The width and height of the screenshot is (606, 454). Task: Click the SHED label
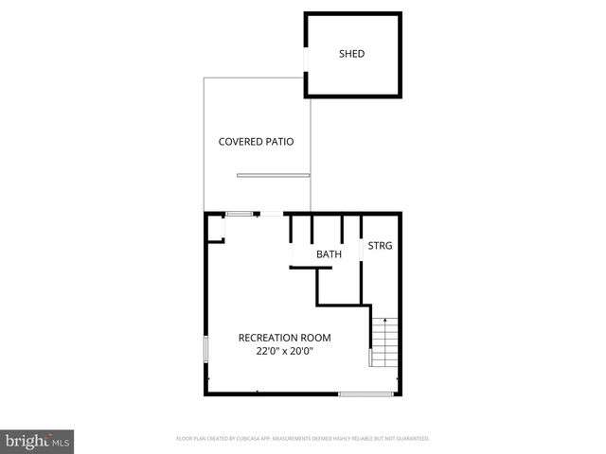click(x=351, y=54)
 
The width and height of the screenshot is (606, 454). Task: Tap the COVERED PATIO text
click(x=256, y=142)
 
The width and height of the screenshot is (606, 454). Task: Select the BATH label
click(x=329, y=254)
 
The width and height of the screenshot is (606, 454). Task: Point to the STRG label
click(x=380, y=246)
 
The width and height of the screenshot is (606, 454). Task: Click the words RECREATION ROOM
click(x=284, y=338)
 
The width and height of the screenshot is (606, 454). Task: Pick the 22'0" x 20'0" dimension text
click(x=284, y=351)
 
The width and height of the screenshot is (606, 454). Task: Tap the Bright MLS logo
click(x=37, y=441)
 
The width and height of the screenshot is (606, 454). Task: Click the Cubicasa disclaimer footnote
click(x=303, y=439)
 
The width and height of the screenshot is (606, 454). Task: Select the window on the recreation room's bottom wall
click(x=366, y=393)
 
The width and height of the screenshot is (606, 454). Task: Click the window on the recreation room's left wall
click(x=205, y=347)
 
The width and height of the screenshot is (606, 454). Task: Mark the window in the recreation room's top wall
click(x=239, y=214)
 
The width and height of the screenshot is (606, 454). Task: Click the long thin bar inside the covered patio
click(x=273, y=175)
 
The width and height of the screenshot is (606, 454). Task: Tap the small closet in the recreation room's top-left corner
click(x=215, y=229)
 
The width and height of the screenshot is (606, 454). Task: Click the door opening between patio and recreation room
click(x=271, y=215)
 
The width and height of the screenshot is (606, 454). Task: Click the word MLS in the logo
click(x=61, y=442)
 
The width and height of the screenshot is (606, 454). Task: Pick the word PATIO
click(x=277, y=142)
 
